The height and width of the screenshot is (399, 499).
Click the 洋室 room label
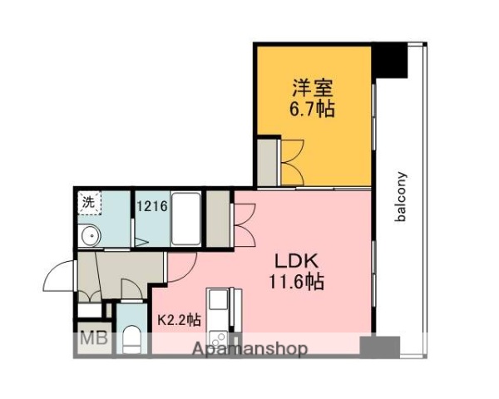(x=313, y=86)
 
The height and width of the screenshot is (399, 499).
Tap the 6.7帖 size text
(x=313, y=110)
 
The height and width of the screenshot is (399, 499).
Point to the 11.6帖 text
(x=294, y=282)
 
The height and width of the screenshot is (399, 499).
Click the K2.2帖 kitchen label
(x=179, y=318)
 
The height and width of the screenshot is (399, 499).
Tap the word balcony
(x=401, y=196)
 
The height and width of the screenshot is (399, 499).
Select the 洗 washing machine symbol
(x=87, y=202)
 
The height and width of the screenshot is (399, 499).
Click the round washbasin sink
(x=89, y=236)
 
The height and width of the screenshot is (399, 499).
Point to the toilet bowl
(x=132, y=339)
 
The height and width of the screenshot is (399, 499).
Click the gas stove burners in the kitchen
(x=219, y=339)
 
